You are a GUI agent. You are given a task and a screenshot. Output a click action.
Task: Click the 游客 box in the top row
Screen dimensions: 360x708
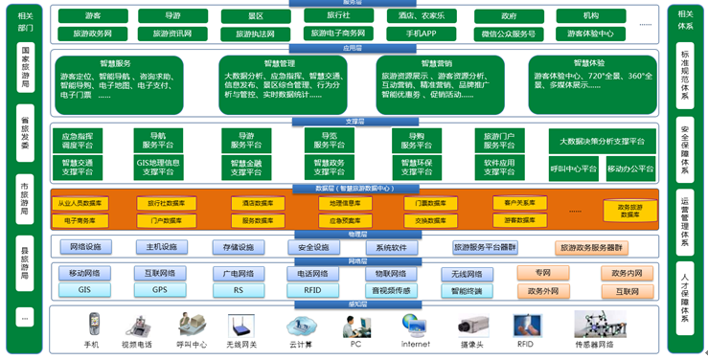pos(93,16)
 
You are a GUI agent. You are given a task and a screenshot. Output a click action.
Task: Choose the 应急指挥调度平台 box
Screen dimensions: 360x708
pos(79,142)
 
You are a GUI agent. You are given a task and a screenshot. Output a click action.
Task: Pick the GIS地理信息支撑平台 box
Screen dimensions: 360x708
pos(158,169)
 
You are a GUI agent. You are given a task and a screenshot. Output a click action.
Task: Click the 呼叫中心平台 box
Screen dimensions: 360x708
pos(574,169)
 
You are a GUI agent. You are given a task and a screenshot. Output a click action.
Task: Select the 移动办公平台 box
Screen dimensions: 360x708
pos(629,169)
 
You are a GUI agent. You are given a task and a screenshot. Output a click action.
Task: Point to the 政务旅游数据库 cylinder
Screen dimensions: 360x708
pos(630,211)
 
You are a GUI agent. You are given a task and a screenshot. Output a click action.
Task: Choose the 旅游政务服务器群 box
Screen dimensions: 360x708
pos(591,248)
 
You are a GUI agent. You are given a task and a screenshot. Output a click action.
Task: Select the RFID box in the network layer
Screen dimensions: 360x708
pos(313,289)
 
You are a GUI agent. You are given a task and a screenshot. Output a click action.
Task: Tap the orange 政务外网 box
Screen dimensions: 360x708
pos(543,290)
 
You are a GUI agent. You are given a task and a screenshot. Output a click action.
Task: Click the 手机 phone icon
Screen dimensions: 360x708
pos(94,324)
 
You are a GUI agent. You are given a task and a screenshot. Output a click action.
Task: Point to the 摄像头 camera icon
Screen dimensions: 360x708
pos(471,324)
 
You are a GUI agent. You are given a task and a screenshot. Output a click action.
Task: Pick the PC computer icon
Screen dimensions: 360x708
pos(355,324)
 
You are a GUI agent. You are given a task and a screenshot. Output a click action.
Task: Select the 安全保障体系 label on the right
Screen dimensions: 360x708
pos(685,143)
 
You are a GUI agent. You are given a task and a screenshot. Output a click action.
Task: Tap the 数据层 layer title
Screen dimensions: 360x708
pos(354,189)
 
